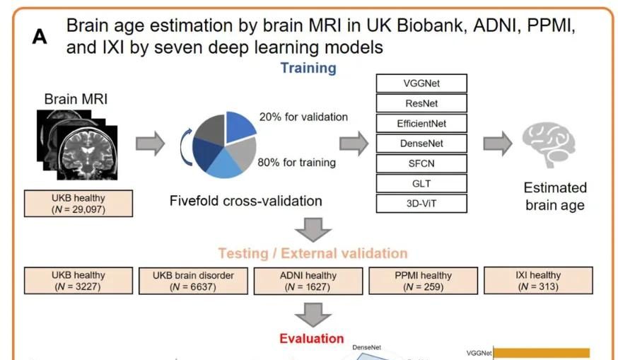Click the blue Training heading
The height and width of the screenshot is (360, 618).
pyautogui.click(x=308, y=68)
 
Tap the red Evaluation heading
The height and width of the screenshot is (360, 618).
pyautogui.click(x=311, y=338)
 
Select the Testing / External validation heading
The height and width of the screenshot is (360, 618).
pyautogui.click(x=313, y=252)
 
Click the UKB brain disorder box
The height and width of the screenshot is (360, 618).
pyautogui.click(x=193, y=281)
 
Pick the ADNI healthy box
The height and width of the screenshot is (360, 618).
pyautogui.click(x=308, y=281)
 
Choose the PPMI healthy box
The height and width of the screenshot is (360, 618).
pyautogui.click(x=423, y=281)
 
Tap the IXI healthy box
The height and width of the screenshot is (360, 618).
pyautogui.click(x=538, y=281)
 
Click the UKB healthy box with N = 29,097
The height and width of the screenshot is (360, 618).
pyautogui.click(x=78, y=204)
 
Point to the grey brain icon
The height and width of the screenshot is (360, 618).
pyautogui.click(x=549, y=144)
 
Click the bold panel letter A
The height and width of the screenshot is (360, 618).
pyautogui.click(x=40, y=37)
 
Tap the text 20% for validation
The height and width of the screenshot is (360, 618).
pyautogui.click(x=303, y=117)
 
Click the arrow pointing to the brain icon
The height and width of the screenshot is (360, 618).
pyautogui.click(x=497, y=144)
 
